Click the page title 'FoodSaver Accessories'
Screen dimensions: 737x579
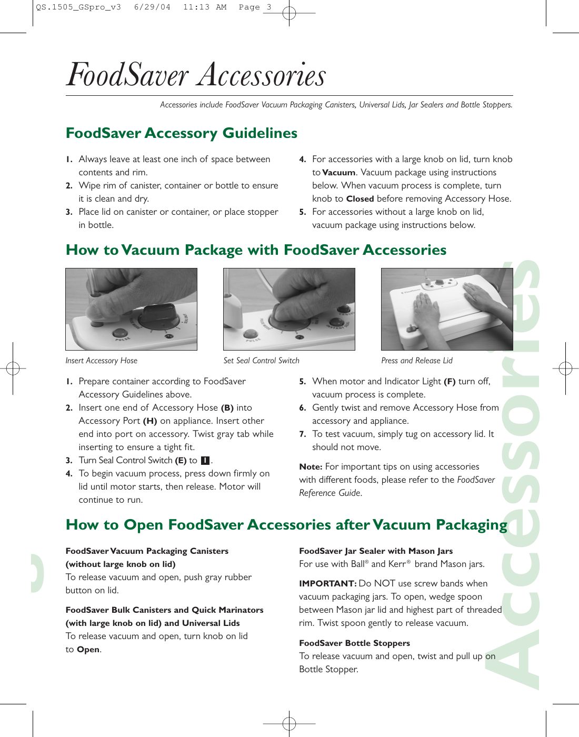196,75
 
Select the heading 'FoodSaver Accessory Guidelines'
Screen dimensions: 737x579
182,133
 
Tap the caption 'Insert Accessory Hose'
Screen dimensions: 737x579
101,361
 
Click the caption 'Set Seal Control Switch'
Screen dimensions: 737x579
261,361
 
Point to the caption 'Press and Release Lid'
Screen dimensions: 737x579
416,361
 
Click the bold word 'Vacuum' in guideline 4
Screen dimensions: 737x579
338,173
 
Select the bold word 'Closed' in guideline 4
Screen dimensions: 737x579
360,199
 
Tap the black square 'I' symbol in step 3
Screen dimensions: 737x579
205,461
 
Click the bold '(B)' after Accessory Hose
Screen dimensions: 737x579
227,408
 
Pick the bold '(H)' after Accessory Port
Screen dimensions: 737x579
149,421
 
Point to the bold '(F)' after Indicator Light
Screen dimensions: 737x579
450,382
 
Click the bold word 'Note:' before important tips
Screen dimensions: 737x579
310,467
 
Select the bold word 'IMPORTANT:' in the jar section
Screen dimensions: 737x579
327,584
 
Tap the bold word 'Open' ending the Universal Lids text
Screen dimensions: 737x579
88,650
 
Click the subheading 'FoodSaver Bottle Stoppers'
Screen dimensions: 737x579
354,643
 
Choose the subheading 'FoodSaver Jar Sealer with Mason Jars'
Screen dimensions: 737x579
376,551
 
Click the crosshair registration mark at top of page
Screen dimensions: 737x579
289,13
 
